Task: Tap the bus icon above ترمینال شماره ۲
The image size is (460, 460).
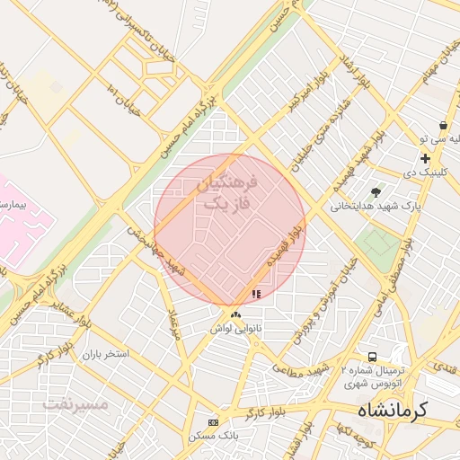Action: (x=372, y=358)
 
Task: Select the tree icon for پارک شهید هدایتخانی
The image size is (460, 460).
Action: (x=376, y=192)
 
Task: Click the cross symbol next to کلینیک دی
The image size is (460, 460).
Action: (x=425, y=158)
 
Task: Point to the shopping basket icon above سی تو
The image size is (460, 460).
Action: (x=443, y=126)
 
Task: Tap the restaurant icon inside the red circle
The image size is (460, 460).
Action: (x=256, y=293)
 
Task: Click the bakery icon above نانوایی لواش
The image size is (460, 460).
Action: (x=235, y=314)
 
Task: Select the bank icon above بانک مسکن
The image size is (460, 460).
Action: (x=213, y=422)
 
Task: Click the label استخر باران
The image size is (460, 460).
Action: (x=106, y=354)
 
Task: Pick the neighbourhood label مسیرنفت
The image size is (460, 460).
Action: (x=75, y=403)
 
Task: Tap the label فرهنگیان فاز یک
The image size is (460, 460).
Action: (x=226, y=194)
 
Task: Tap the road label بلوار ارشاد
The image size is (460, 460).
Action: (x=351, y=75)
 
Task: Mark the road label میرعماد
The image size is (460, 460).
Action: (x=173, y=323)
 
